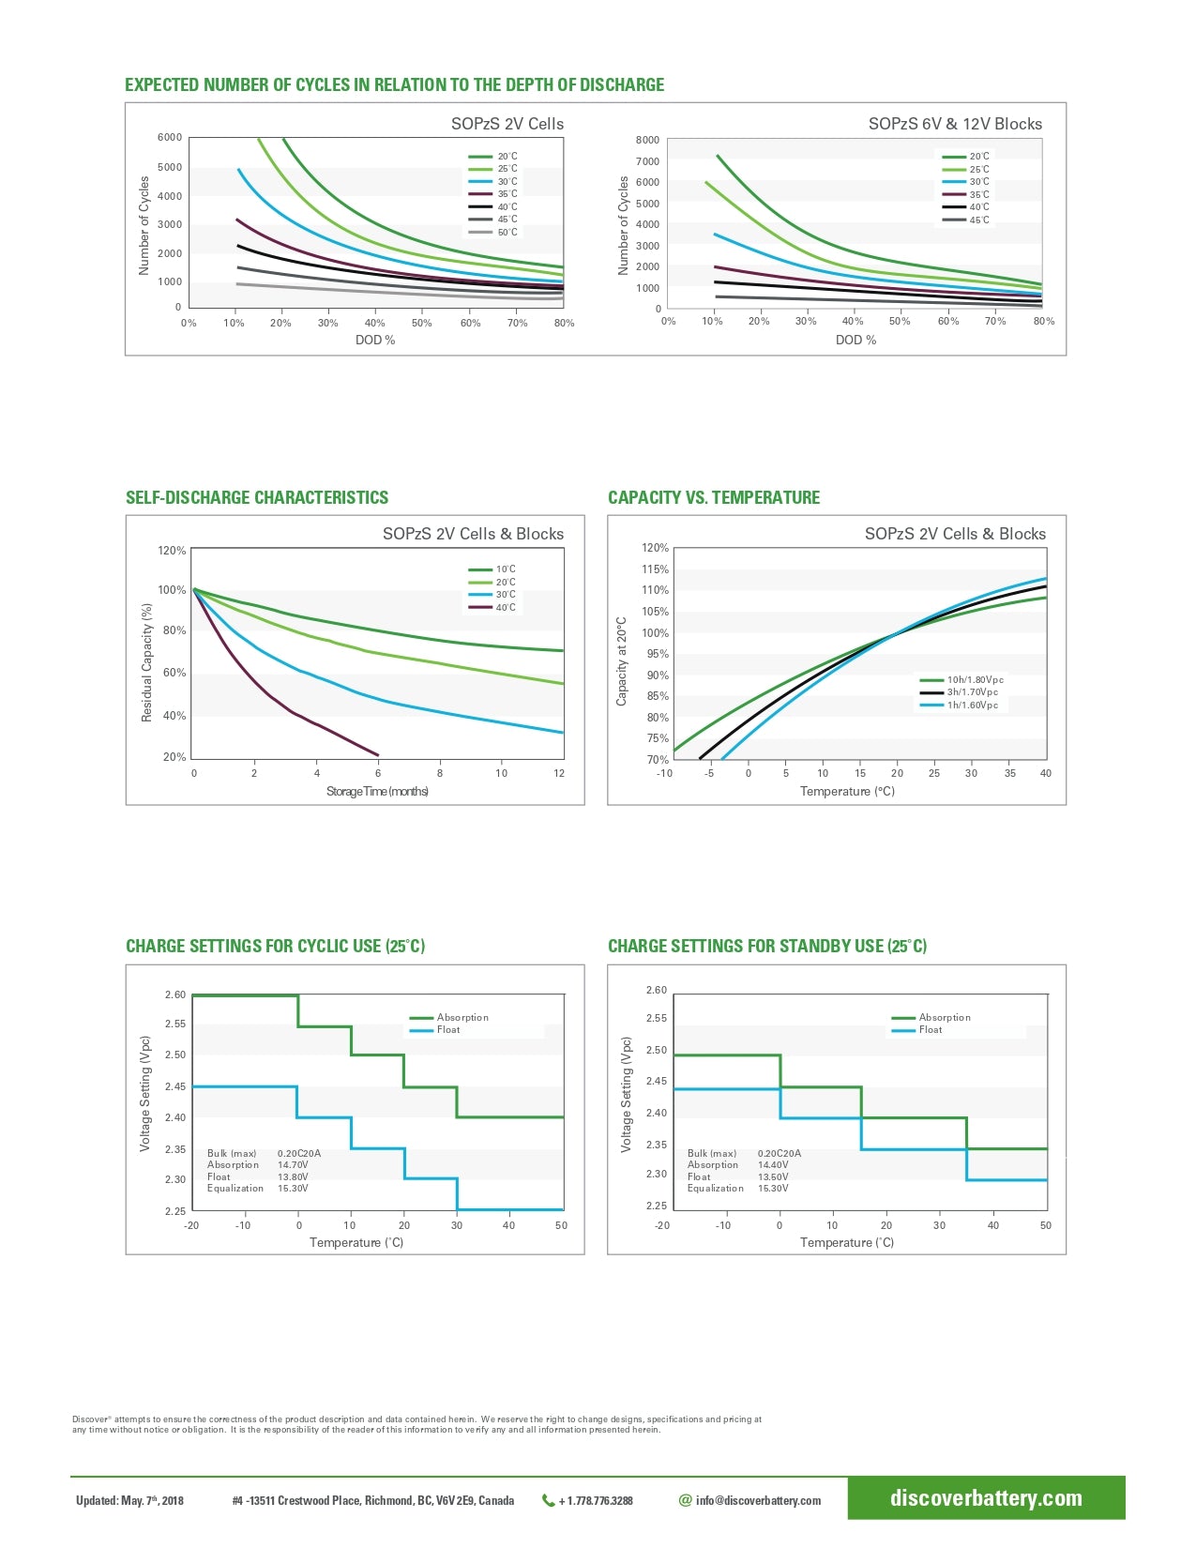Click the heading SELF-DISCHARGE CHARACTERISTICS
tap(256, 498)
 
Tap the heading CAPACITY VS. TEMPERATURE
tap(713, 498)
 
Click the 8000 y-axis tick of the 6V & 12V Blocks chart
tap(647, 140)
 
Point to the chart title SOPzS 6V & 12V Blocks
tap(954, 124)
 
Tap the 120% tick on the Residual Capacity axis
tap(172, 551)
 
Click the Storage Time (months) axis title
tap(377, 792)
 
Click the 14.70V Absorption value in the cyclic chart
tap(293, 1165)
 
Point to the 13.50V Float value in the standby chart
tap(773, 1176)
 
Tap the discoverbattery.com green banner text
tap(986, 1498)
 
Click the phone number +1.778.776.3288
tap(595, 1501)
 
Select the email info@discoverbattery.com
tap(757, 1501)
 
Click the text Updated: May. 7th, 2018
tap(129, 1501)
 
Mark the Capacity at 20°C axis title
tap(621, 661)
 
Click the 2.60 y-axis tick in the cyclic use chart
tap(175, 995)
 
